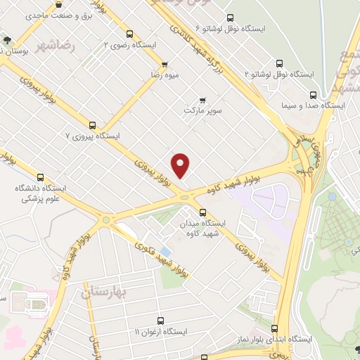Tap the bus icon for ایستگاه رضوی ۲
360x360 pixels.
(129, 33)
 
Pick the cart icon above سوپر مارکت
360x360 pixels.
(202, 99)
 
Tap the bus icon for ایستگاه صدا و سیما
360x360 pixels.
(314, 94)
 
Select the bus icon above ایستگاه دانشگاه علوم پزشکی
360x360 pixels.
(40, 178)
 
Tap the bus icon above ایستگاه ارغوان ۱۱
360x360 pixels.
(160, 321)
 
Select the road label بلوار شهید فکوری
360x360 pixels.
(161, 259)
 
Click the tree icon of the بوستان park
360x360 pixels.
(6, 40)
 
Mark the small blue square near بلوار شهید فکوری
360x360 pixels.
(165, 251)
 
